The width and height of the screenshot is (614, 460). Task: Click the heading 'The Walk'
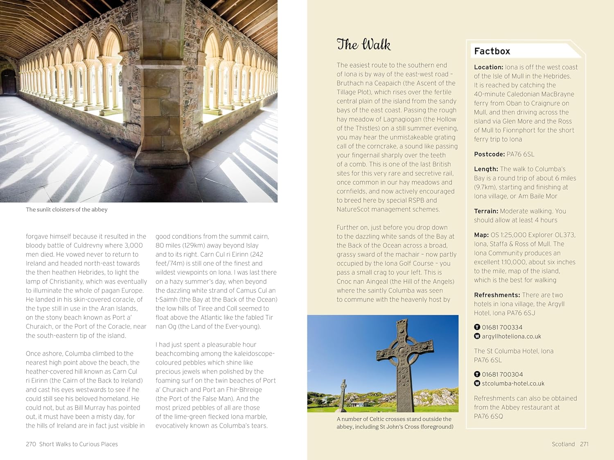coord(363,44)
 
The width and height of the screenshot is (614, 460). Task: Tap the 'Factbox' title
coord(492,51)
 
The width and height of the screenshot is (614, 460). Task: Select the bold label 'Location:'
coord(488,67)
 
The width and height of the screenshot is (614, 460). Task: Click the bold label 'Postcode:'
coord(489,154)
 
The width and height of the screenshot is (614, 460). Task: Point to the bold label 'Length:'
coord(486,169)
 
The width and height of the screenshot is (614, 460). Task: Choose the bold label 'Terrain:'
coord(486,211)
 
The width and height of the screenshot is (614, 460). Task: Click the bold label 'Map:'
coord(481,235)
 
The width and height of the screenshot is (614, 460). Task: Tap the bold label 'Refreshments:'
coord(497,295)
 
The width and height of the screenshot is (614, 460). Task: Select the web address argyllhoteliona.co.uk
coord(511,337)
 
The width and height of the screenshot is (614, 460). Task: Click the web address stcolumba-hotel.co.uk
coord(513,384)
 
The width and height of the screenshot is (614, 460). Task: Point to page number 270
coord(31,444)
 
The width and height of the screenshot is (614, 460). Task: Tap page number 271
coord(584,444)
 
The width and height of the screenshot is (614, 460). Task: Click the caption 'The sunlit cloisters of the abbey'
coord(67,209)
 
